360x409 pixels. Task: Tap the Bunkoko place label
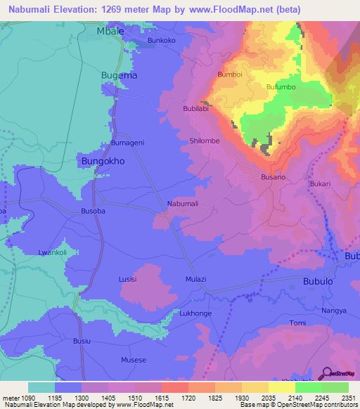click(161, 41)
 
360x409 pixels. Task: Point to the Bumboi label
click(230, 74)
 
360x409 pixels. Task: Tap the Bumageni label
click(127, 143)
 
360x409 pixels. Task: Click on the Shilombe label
click(205, 141)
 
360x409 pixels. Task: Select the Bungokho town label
click(103, 160)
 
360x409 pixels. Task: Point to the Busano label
click(273, 178)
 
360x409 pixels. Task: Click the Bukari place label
click(319, 183)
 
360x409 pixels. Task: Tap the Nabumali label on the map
click(183, 204)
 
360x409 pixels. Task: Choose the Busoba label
click(93, 211)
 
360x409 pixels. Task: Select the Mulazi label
click(195, 279)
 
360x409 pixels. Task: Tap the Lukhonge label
click(195, 313)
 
